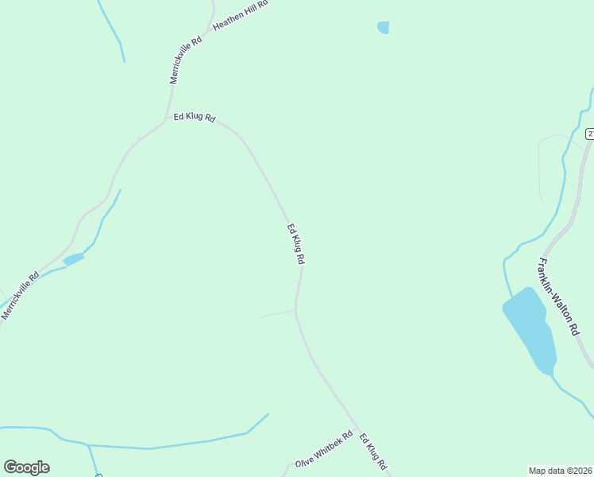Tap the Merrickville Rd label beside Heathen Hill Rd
[x=186, y=60]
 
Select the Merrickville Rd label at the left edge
[x=20, y=296]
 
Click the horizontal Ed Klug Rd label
[x=194, y=117]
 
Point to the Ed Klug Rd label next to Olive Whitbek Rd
[x=372, y=451]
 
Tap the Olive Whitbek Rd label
[x=323, y=450]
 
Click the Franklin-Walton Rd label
[x=558, y=297]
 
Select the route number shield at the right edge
[x=590, y=133]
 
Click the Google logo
[x=26, y=467]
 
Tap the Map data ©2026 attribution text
[x=561, y=470]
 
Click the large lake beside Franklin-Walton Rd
[x=530, y=328]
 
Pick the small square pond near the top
[x=383, y=28]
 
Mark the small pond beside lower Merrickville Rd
[x=73, y=259]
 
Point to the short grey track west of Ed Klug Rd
[x=277, y=313]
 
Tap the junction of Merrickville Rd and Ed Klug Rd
[x=165, y=122]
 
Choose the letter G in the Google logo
[x=10, y=467]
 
